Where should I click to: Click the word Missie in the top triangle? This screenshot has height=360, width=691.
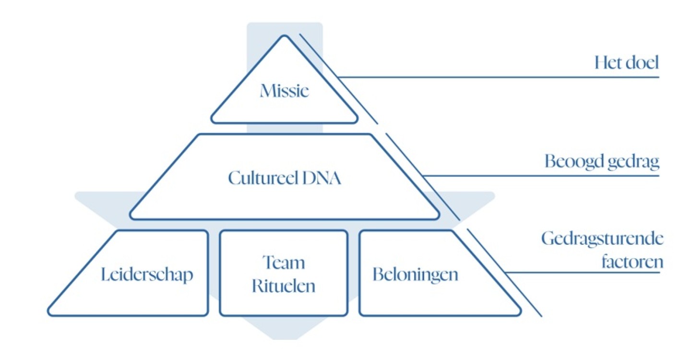284,91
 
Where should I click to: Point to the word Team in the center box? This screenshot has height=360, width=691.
284,263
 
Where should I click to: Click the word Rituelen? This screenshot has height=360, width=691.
284,286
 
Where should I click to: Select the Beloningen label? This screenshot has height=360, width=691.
416,275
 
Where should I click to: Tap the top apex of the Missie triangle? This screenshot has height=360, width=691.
285,36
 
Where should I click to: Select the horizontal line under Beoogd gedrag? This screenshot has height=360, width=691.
542,175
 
